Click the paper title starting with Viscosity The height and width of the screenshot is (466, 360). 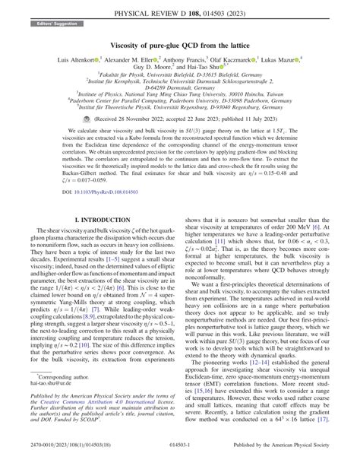(x=179, y=46)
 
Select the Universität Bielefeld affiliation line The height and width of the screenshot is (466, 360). (x=180, y=87)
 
